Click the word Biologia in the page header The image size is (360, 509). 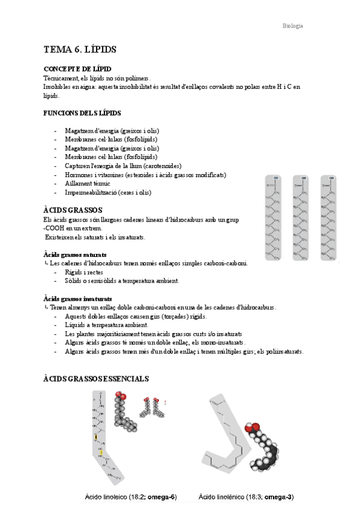click(293, 26)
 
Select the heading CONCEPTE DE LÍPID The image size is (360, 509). click(77, 70)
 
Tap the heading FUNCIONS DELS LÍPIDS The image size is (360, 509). click(82, 113)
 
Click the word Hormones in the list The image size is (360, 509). click(78, 175)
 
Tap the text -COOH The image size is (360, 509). click(56, 228)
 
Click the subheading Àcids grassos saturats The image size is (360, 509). click(75, 254)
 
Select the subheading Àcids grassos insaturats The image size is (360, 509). click(77, 298)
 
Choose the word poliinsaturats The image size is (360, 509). click(281, 351)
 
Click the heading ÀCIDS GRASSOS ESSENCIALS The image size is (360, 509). click(96, 379)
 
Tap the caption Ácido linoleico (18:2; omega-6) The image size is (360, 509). click(130, 497)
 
